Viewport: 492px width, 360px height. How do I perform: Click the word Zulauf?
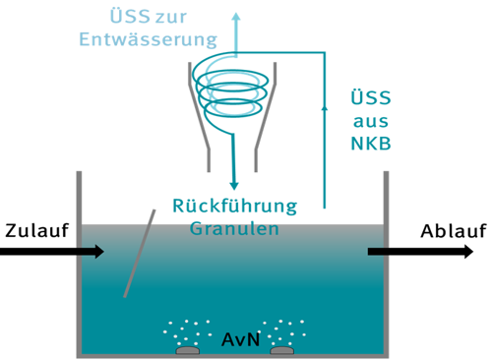tap(35, 231)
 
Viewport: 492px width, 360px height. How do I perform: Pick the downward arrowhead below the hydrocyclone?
tap(234, 182)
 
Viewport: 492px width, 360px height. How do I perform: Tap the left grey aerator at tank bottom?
tap(187, 349)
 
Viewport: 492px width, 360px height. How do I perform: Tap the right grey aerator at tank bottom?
tap(283, 349)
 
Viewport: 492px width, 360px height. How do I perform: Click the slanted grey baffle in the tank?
tap(140, 252)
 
